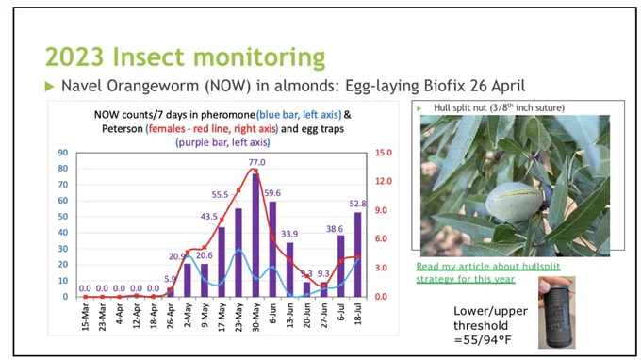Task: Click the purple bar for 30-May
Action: tap(255, 235)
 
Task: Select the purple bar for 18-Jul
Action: tap(357, 254)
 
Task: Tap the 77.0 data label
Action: tap(256, 162)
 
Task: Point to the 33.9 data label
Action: tap(289, 234)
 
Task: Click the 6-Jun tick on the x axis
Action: tap(272, 313)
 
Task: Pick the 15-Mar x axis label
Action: tap(85, 317)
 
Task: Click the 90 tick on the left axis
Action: tap(63, 153)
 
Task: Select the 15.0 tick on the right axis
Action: tap(384, 153)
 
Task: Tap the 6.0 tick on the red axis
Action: tap(381, 238)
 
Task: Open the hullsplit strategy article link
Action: tap(488, 272)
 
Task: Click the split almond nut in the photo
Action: tap(514, 202)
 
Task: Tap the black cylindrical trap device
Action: tap(557, 313)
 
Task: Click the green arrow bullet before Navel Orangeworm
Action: tap(49, 86)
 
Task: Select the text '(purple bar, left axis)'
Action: tap(222, 142)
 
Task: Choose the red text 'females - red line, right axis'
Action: tap(213, 129)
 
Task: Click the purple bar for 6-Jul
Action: tap(340, 266)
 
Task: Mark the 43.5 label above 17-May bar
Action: tap(209, 216)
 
